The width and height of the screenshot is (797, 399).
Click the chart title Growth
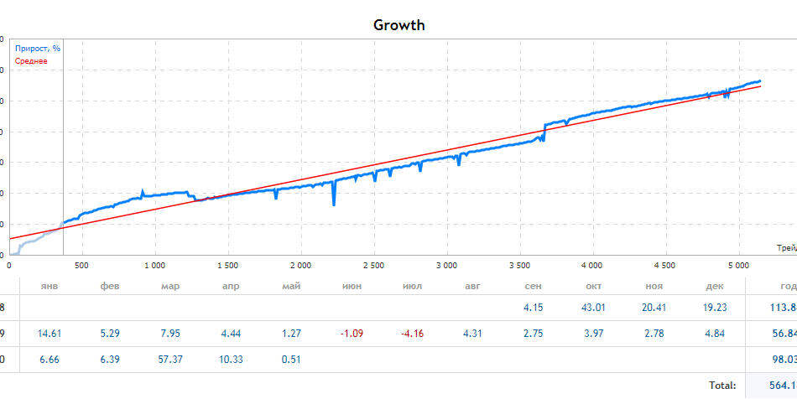(x=399, y=25)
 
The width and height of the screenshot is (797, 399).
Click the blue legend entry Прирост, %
(x=38, y=49)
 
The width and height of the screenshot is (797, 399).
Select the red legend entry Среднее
(x=32, y=61)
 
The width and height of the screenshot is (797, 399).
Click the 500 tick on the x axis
(x=81, y=266)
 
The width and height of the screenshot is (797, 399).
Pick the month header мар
(x=170, y=286)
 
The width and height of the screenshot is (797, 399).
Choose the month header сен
(x=533, y=286)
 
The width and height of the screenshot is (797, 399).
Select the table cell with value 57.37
(x=170, y=360)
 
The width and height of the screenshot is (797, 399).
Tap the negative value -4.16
(x=412, y=334)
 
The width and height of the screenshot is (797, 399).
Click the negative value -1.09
(x=352, y=334)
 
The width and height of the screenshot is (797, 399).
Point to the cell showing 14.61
(x=50, y=334)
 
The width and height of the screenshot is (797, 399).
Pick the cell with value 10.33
(x=231, y=360)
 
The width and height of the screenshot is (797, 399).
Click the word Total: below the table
(x=721, y=386)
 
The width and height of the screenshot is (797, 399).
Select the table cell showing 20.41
(x=654, y=307)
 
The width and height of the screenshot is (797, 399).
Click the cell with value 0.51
(x=292, y=360)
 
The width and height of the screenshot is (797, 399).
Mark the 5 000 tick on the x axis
(x=738, y=266)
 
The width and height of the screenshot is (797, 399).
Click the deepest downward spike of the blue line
(x=334, y=204)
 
